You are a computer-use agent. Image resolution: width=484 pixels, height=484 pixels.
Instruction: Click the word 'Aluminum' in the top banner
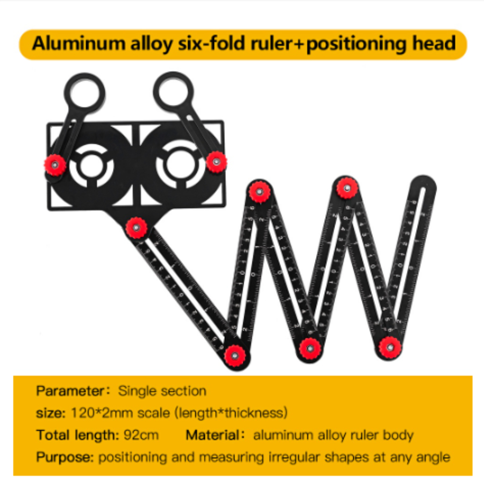71,43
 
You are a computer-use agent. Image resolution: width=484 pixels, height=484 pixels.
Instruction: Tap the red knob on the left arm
55,164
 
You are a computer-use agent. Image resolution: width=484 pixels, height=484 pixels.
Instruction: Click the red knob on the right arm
216,162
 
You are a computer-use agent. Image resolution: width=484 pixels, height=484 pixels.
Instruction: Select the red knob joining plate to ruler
137,228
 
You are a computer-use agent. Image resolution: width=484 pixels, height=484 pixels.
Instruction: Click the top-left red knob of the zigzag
259,190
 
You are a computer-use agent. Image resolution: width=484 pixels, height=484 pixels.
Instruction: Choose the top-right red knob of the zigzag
347,187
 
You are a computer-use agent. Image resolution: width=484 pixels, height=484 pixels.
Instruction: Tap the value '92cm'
141,435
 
